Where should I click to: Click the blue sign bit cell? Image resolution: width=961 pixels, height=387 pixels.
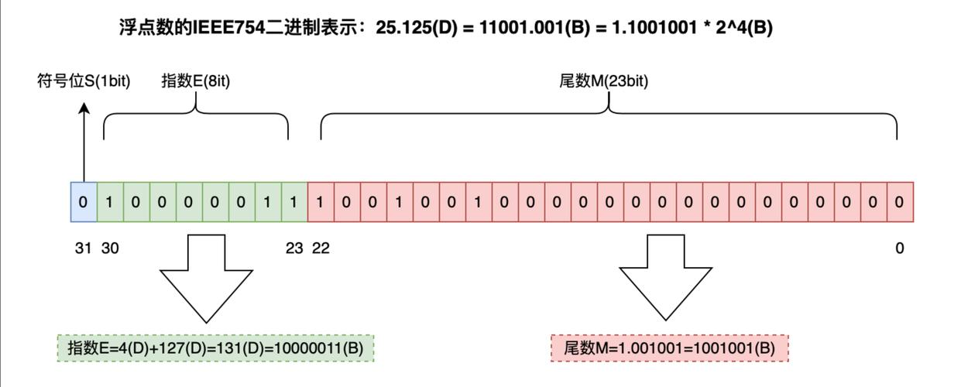(x=83, y=202)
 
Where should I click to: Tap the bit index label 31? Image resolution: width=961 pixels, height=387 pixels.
(x=83, y=248)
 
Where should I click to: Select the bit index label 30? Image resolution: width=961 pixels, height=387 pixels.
(x=110, y=248)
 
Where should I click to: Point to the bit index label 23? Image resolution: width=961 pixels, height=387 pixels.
(x=294, y=248)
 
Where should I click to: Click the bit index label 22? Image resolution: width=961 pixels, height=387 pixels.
(x=321, y=248)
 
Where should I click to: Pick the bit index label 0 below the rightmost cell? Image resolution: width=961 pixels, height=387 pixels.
(x=900, y=248)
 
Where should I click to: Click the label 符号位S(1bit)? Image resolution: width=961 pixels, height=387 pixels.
(x=84, y=80)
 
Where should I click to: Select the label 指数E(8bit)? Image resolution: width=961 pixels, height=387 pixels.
(x=196, y=80)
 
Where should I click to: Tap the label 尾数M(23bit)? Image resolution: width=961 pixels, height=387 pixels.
(x=604, y=80)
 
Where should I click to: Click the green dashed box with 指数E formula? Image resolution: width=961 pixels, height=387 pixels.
(x=215, y=348)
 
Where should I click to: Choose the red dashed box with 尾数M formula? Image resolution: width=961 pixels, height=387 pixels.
(x=669, y=348)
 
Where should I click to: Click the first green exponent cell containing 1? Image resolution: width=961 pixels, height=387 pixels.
(x=110, y=202)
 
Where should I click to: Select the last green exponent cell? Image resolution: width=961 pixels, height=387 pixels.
(x=294, y=202)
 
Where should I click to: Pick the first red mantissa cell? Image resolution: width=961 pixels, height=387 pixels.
(x=321, y=202)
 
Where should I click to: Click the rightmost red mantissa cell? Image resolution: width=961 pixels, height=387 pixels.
(x=900, y=202)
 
